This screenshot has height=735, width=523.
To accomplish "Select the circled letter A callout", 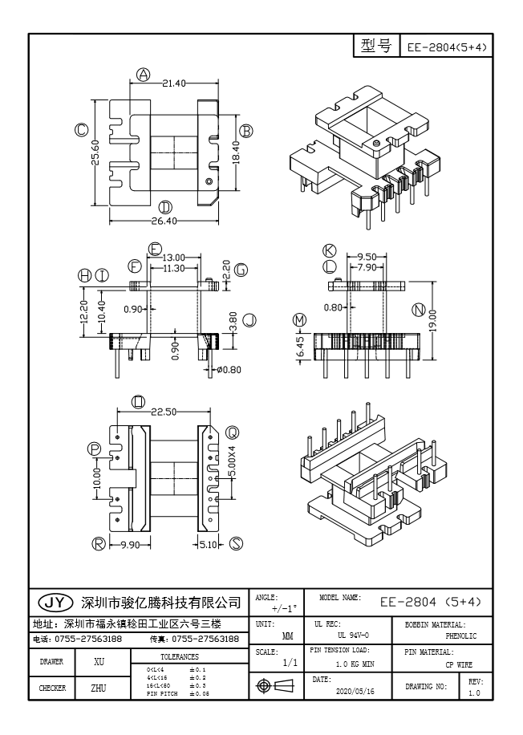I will coord(143,75).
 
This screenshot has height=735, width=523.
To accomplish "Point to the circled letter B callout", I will coord(247,131).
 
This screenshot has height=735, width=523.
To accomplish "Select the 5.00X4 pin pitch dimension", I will coord(233,462).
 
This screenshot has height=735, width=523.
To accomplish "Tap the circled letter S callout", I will coord(237,544).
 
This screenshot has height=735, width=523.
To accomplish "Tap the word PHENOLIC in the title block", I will coord(461,636).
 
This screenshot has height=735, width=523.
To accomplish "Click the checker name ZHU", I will coord(99,688).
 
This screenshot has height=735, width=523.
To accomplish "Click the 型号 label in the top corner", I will coord(375,47).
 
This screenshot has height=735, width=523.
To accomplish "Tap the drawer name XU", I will coord(99,662).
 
